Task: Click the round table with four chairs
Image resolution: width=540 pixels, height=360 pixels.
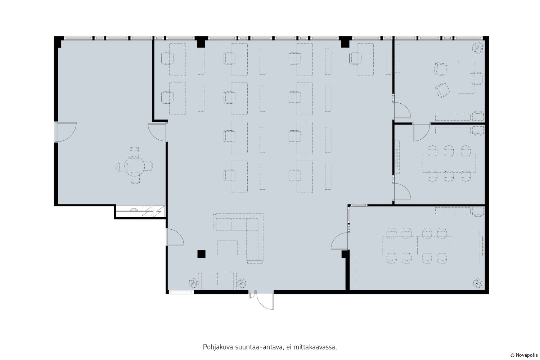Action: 134,165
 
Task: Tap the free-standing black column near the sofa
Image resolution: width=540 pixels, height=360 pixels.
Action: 201,254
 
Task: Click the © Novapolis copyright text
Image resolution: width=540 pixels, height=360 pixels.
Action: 524,355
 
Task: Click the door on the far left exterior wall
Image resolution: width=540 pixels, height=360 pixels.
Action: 66,132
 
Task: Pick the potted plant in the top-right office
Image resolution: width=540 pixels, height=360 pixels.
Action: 478,48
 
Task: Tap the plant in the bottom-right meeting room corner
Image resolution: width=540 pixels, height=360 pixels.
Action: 478,283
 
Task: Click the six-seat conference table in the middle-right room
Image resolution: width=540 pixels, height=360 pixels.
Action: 449,163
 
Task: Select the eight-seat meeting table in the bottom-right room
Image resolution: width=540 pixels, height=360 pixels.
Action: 417,245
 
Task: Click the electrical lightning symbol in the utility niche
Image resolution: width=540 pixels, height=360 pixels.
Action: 159,211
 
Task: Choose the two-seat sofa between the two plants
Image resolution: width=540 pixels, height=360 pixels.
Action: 217,280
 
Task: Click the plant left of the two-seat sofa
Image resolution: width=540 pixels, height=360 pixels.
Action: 193,283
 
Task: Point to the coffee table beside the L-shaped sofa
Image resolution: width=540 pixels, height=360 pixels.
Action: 227,248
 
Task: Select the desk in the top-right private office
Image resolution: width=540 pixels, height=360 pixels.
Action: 466,77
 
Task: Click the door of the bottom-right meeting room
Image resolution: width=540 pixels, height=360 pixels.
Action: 339,241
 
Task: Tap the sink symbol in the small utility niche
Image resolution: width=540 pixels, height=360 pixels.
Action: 133,210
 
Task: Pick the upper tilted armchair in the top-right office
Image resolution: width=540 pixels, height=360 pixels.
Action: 441,69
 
